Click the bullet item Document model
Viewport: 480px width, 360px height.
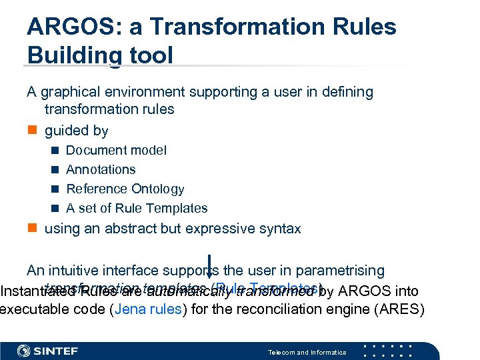116,151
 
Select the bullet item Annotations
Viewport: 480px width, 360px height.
101,170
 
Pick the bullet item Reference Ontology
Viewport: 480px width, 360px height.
125,189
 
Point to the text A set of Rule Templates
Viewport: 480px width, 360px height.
137,209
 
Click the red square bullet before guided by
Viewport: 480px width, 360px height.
31,131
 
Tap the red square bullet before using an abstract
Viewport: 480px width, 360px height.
31,229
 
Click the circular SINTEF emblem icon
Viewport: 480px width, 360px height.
24,351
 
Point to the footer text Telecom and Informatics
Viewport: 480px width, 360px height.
307,352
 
